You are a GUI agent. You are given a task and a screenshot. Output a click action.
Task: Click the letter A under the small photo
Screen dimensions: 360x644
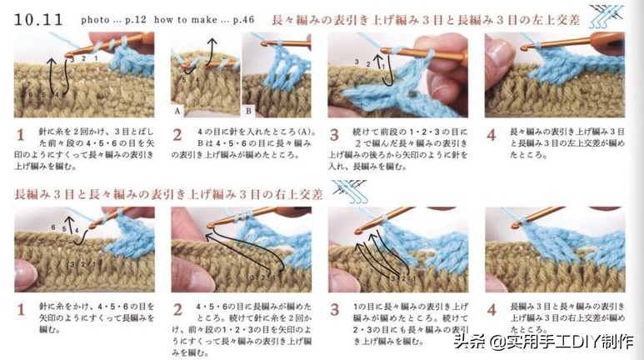(x=177, y=109)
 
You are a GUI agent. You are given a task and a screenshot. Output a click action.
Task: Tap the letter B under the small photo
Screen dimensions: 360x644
(x=248, y=109)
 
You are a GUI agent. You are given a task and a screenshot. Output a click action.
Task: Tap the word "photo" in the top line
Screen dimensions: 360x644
(x=94, y=18)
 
